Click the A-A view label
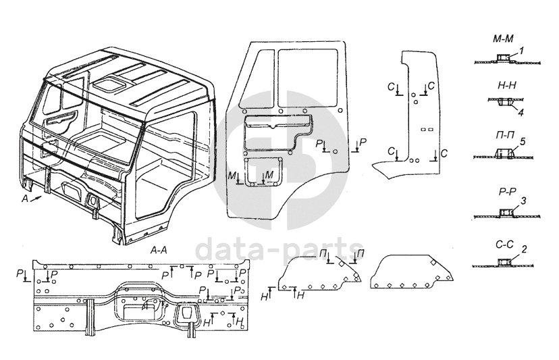tap(159, 250)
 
